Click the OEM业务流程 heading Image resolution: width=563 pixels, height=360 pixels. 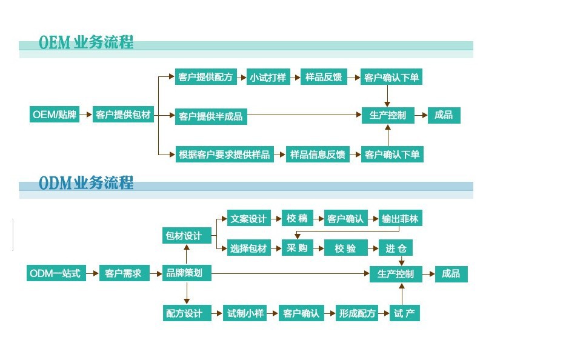(x=86, y=43)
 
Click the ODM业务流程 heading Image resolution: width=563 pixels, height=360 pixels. (x=86, y=183)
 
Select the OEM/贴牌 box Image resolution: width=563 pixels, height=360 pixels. (x=55, y=115)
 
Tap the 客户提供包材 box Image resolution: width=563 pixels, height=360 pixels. (x=123, y=115)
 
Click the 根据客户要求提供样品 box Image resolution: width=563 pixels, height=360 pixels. (x=224, y=154)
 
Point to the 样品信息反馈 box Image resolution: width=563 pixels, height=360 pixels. (x=318, y=154)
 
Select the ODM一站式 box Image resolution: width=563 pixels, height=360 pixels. (x=55, y=273)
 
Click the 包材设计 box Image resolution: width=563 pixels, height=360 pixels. (x=184, y=235)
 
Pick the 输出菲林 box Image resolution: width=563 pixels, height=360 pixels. (x=400, y=219)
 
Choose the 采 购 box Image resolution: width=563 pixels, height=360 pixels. (x=297, y=248)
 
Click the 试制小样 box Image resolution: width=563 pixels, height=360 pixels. (x=245, y=313)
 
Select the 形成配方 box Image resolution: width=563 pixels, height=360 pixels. (x=357, y=313)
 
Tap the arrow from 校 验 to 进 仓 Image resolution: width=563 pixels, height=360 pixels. (x=373, y=248)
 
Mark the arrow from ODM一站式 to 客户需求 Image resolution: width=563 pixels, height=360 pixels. (x=92, y=273)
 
